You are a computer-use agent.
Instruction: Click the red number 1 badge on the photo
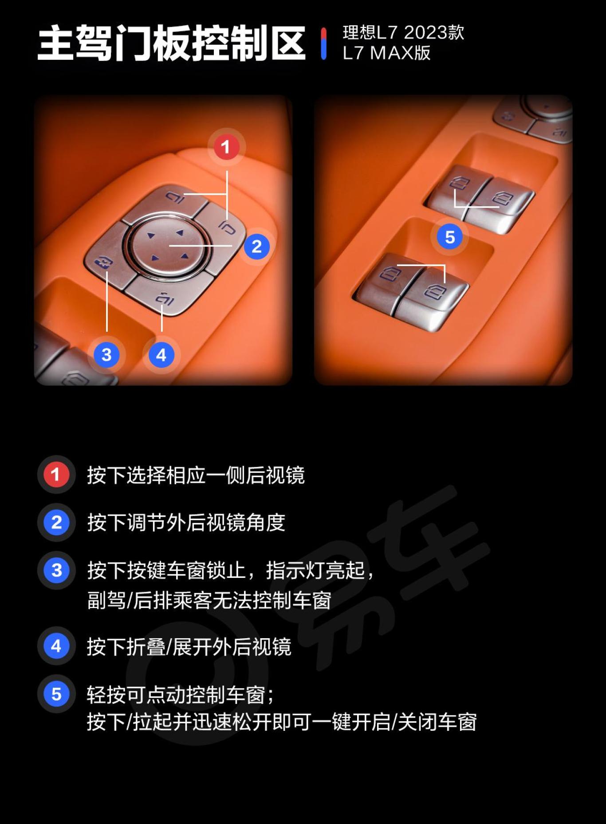point(226,147)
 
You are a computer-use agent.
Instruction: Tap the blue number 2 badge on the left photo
point(256,247)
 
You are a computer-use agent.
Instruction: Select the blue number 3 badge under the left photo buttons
point(106,355)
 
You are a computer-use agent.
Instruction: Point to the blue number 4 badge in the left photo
point(161,355)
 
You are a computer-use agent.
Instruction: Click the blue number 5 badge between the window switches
point(449,237)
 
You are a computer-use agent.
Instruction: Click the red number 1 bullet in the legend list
point(56,475)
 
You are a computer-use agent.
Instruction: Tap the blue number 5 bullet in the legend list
point(56,694)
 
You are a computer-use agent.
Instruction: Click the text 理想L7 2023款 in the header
point(403,32)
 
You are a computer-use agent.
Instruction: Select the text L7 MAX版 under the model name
point(386,53)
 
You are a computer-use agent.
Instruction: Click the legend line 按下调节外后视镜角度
point(186,522)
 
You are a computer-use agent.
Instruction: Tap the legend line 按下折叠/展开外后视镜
point(189,647)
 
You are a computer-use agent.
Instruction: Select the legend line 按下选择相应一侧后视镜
point(196,475)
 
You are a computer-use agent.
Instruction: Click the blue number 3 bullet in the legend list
point(56,570)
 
